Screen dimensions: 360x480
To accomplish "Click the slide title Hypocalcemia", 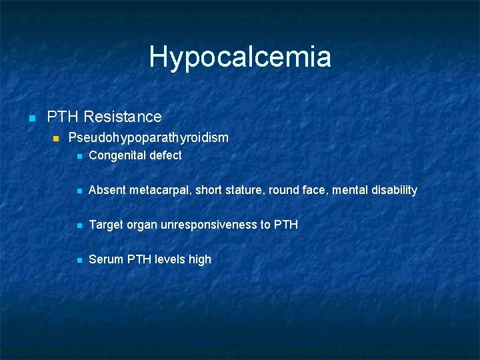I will (240, 57).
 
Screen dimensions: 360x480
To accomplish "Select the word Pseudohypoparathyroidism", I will (148, 138).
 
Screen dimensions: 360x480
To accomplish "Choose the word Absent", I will (107, 190).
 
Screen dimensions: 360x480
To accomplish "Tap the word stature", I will (245, 190).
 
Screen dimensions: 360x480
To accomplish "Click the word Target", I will (106, 225).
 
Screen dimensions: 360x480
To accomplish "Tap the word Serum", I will (105, 259).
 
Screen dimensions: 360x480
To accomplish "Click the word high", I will (199, 259).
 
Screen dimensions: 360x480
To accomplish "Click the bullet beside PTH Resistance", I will (31, 118).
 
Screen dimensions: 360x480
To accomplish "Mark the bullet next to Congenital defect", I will (79, 156).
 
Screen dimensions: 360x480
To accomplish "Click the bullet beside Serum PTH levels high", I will (79, 260).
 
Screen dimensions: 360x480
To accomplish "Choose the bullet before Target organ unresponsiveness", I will (79, 225).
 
